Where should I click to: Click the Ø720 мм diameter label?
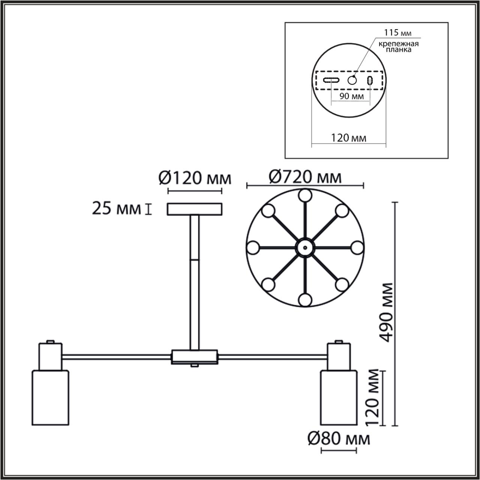(304, 177)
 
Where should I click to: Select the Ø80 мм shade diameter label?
(339, 438)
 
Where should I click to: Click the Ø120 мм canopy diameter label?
(194, 178)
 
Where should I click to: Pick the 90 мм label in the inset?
(351, 96)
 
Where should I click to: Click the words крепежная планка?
(398, 47)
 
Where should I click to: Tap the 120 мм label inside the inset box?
(349, 138)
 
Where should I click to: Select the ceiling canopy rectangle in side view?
(194, 209)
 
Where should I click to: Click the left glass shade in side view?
(49, 397)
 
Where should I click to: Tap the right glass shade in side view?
(338, 397)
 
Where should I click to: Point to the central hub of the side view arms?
(194, 357)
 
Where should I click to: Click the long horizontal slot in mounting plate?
(332, 80)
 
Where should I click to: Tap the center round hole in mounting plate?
(352, 80)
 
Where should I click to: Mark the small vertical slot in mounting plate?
(370, 80)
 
